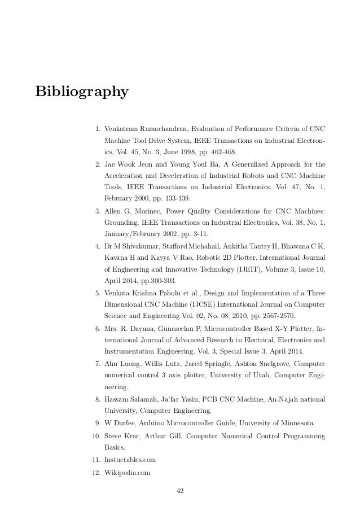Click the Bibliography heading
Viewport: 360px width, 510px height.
tap(82, 91)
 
